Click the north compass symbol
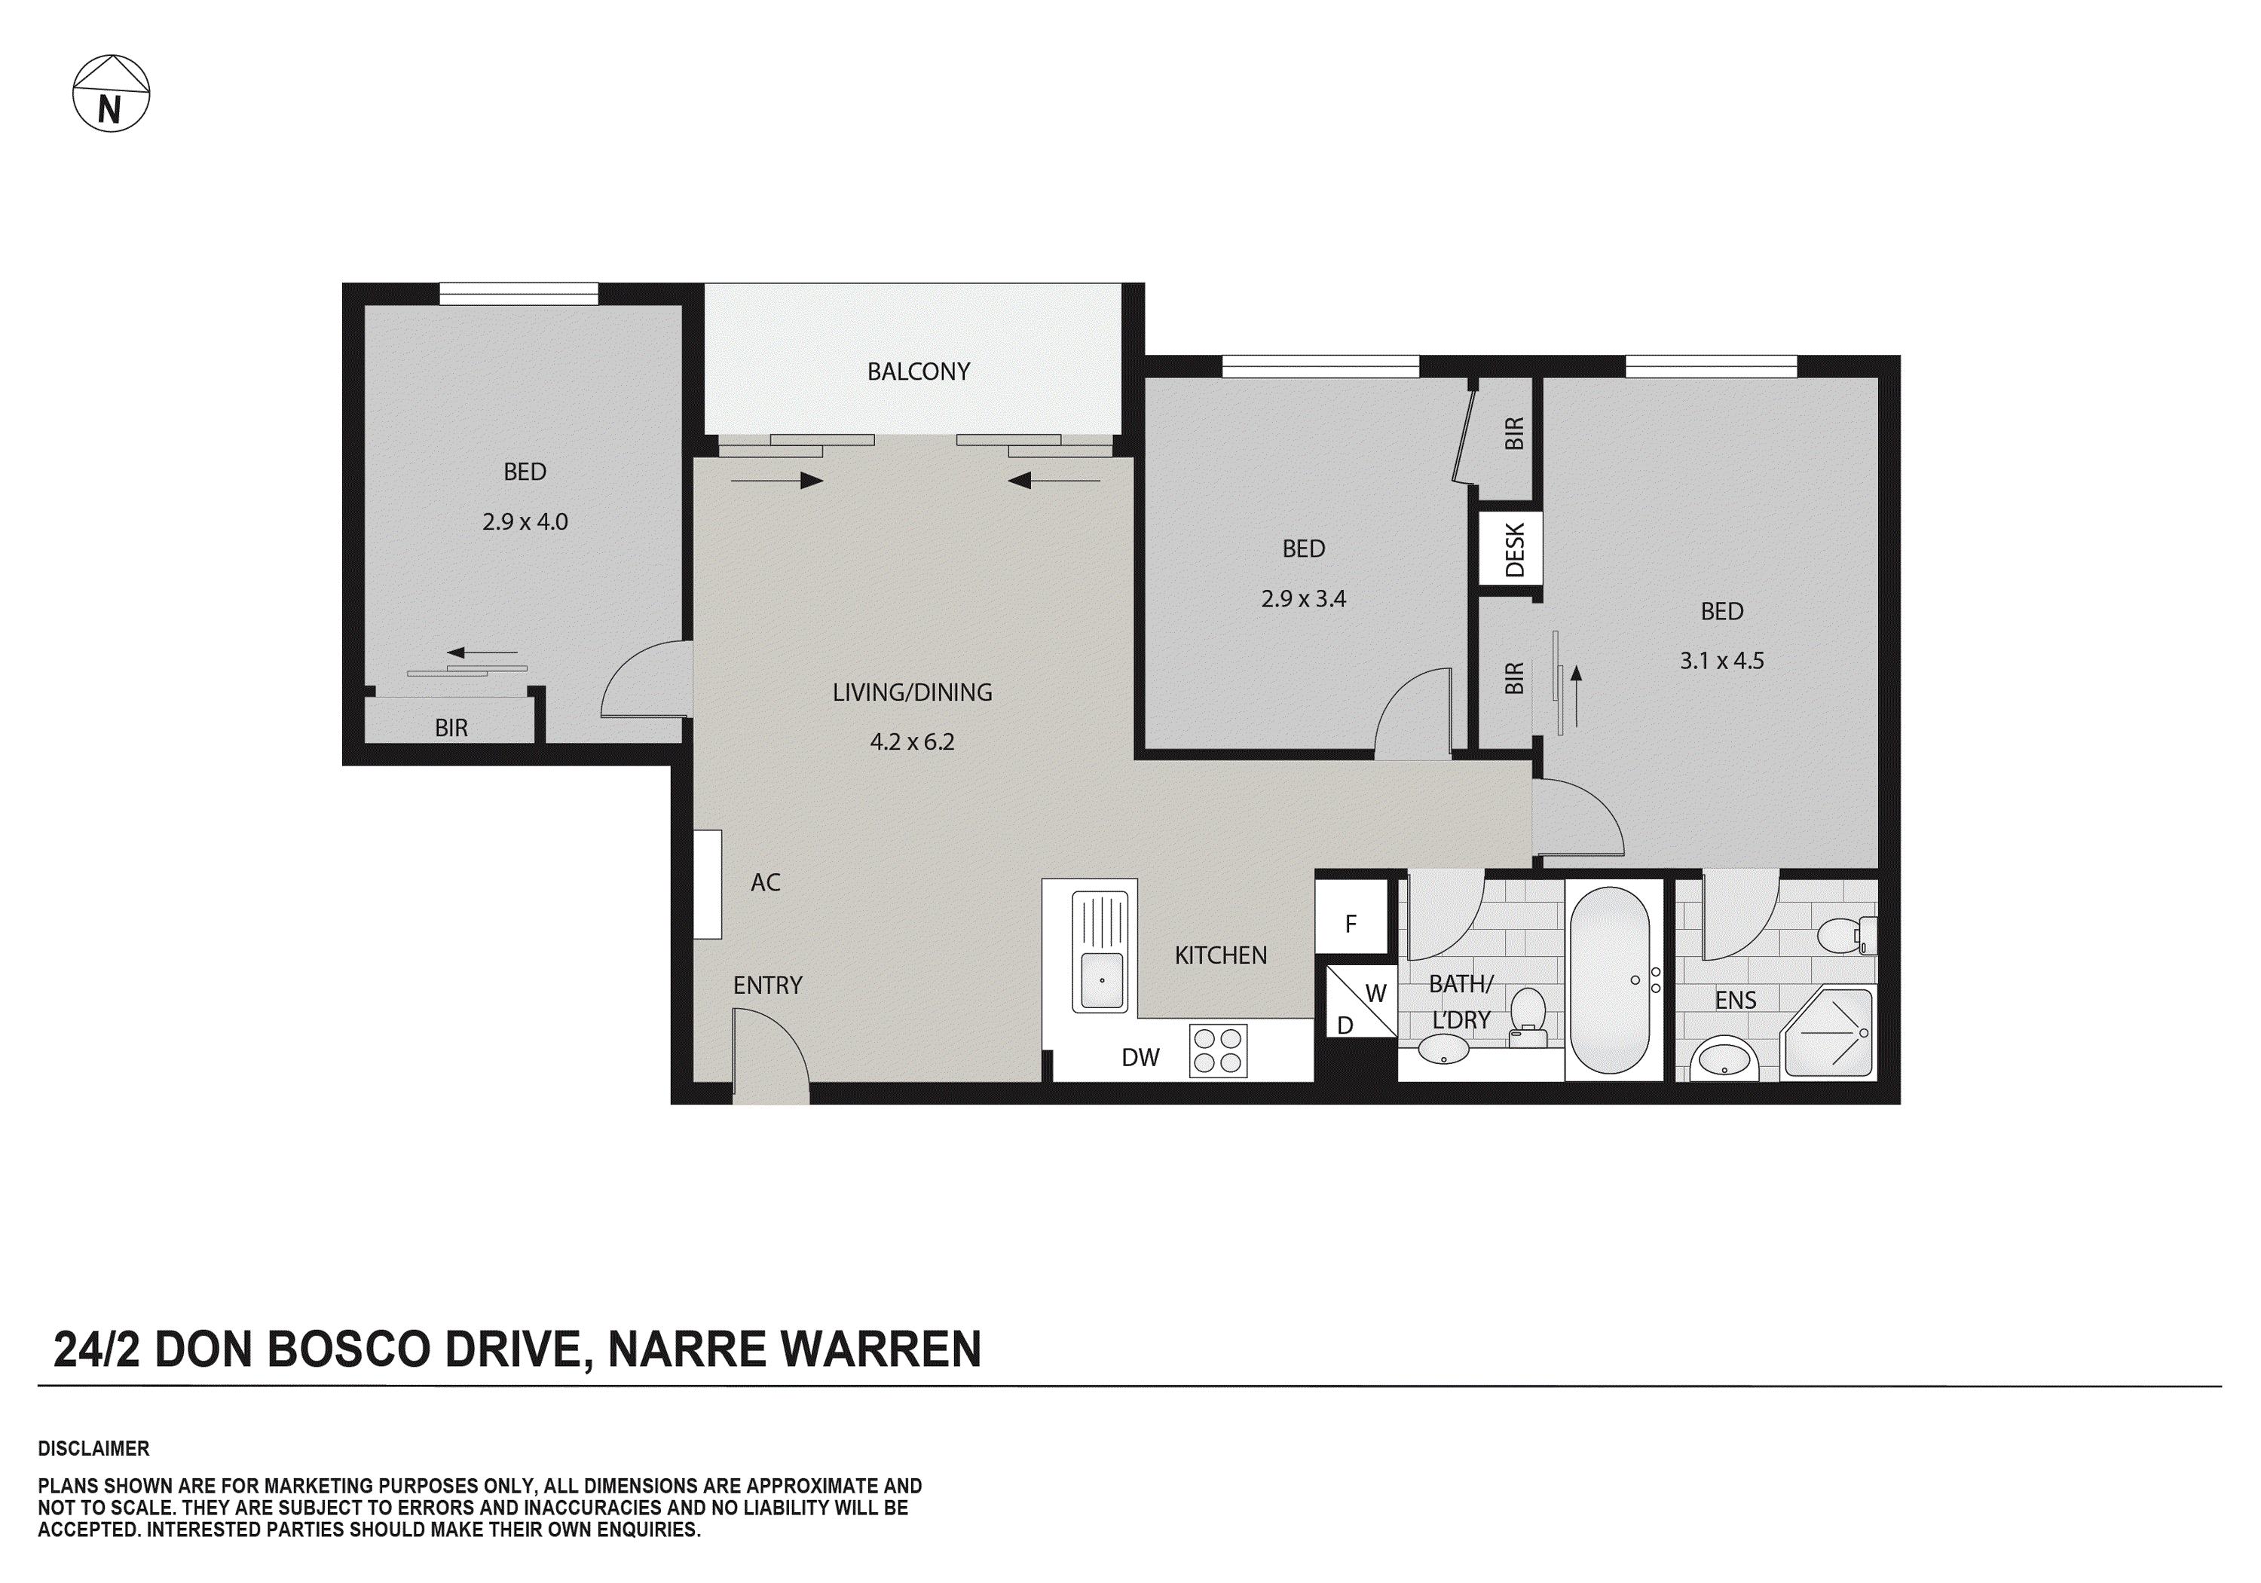pyautogui.click(x=112, y=93)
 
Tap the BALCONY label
pyautogui.click(x=918, y=372)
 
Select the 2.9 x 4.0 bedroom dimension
pyautogui.click(x=525, y=521)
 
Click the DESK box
pyautogui.click(x=1513, y=549)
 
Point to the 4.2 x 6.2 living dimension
pyautogui.click(x=912, y=742)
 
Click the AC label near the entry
pyautogui.click(x=765, y=883)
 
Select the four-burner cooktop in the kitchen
pyautogui.click(x=1217, y=1050)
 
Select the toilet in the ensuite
pyautogui.click(x=1843, y=935)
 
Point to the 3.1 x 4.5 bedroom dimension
pyautogui.click(x=1721, y=662)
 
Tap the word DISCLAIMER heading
pyautogui.click(x=93, y=1448)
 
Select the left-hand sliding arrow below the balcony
pyautogui.click(x=777, y=481)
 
